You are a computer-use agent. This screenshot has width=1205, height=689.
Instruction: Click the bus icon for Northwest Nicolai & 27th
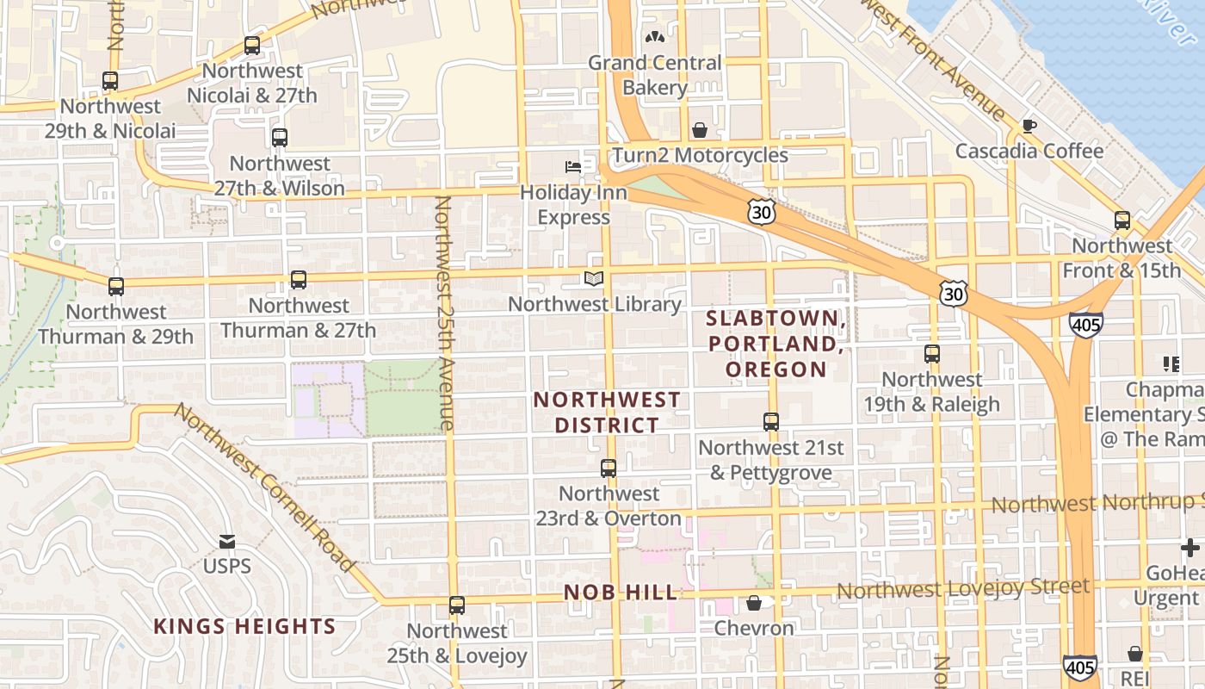tap(252, 46)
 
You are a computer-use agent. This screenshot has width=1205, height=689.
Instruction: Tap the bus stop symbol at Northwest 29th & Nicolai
tap(110, 81)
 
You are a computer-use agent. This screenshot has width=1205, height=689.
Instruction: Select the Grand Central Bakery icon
tap(655, 37)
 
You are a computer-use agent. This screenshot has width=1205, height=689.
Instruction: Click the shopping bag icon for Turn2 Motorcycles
tap(700, 130)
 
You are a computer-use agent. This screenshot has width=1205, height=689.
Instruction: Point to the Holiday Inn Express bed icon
tap(573, 167)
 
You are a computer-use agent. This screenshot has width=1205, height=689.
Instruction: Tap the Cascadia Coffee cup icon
tap(1029, 127)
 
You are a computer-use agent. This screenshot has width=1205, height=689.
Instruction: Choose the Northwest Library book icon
tap(594, 278)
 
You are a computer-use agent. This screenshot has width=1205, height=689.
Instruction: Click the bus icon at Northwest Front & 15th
tap(1122, 220)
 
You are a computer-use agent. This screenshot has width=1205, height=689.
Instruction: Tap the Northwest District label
tap(607, 413)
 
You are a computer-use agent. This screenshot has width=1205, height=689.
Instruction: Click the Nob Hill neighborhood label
tap(620, 593)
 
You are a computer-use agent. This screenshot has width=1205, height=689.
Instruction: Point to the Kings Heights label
tap(244, 626)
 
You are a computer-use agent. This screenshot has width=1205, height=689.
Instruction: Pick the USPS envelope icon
tap(227, 542)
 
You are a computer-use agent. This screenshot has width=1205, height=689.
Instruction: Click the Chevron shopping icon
tap(754, 603)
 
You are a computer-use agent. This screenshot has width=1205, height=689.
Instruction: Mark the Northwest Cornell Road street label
tap(266, 487)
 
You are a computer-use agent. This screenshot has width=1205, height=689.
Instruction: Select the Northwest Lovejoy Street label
tap(963, 588)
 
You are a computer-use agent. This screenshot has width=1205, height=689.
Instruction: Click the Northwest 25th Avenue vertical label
tap(444, 313)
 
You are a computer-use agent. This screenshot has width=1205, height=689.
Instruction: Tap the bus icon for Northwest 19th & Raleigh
tap(932, 354)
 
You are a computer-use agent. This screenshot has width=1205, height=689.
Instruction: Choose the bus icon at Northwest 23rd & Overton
tap(609, 469)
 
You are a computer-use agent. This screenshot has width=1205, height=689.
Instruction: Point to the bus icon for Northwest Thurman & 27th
tap(299, 280)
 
